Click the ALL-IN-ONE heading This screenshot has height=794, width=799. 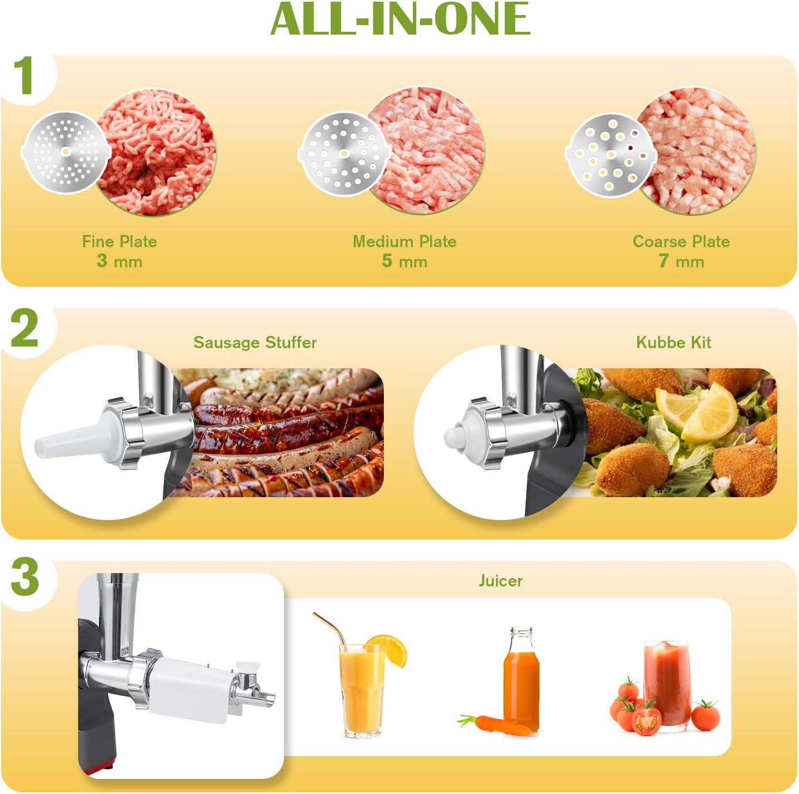pyautogui.click(x=399, y=20)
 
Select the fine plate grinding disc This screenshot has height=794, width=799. pyautogui.click(x=65, y=152)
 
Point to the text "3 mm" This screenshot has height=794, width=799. pyautogui.click(x=119, y=261)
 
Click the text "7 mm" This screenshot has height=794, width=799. pyautogui.click(x=681, y=261)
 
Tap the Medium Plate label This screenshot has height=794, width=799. pyautogui.click(x=405, y=242)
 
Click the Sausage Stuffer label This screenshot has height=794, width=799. pyautogui.click(x=255, y=343)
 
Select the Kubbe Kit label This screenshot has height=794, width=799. pyautogui.click(x=673, y=343)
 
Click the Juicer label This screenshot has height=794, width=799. pyautogui.click(x=500, y=581)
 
